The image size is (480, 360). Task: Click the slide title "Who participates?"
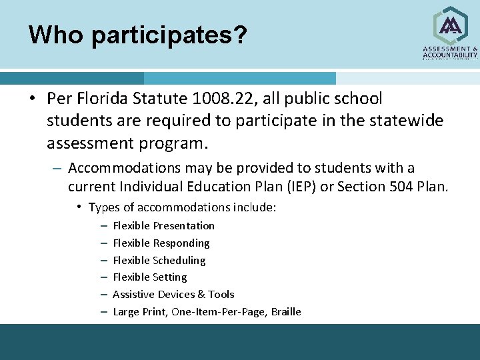tap(138, 35)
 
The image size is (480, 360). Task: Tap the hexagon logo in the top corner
tap(451, 26)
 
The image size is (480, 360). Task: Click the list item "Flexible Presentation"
tap(163, 226)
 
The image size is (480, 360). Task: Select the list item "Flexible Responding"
tap(161, 243)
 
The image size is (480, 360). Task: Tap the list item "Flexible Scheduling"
tap(159, 261)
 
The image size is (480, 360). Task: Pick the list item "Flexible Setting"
tap(149, 277)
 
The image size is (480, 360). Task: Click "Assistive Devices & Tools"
tap(173, 295)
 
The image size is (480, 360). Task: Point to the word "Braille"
tap(286, 312)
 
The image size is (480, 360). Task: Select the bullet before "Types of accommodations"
tap(79, 207)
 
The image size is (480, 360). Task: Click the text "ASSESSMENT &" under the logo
tap(451, 49)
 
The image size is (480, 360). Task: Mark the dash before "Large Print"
tap(105, 312)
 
